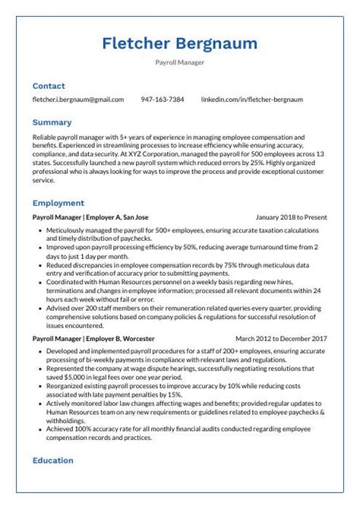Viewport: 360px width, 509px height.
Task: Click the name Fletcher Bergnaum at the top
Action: tap(179, 43)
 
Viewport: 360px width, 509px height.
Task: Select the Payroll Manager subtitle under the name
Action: tap(179, 63)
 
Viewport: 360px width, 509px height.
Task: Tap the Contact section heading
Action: tap(49, 86)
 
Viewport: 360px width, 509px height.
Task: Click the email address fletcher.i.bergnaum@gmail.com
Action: tap(77, 100)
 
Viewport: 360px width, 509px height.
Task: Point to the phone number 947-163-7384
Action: tap(163, 100)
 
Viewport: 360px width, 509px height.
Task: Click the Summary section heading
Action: tap(52, 122)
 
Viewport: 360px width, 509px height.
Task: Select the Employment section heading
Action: tap(58, 203)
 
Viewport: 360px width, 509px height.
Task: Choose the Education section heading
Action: tap(52, 460)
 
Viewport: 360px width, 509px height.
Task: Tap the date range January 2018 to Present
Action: tap(291, 217)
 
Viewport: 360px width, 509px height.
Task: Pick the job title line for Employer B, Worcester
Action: tap(91, 338)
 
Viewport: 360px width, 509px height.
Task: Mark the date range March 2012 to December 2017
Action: tap(281, 338)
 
